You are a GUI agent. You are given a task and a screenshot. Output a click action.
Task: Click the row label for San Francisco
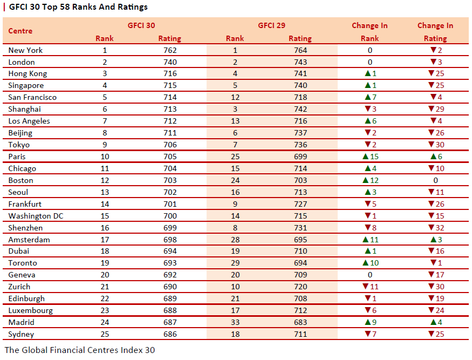click(32, 97)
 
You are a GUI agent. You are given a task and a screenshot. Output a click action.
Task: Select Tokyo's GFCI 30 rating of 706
click(170, 145)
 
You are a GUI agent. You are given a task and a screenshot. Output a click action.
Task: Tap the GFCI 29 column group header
click(271, 25)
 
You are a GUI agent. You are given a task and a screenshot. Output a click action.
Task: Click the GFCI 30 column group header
click(141, 25)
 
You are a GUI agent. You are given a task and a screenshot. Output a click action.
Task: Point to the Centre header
click(20, 31)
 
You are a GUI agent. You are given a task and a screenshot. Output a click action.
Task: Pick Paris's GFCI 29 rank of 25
click(235, 157)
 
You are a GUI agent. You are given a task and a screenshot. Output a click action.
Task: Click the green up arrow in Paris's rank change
click(366, 157)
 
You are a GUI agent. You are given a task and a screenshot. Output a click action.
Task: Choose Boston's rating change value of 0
click(435, 180)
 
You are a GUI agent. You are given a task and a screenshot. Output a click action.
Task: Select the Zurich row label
click(19, 287)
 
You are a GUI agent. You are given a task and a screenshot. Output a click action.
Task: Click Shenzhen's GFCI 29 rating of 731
click(300, 228)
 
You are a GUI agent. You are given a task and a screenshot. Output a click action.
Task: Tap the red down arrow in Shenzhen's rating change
click(431, 227)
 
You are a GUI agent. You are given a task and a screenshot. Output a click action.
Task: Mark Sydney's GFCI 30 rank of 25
click(105, 335)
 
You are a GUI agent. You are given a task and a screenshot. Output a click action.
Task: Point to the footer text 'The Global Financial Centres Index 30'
click(80, 350)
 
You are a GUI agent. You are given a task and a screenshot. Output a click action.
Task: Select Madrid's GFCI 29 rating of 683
click(300, 322)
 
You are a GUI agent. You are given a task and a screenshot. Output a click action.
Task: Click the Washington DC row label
click(36, 216)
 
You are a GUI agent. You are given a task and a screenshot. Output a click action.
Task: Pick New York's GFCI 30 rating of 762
click(170, 50)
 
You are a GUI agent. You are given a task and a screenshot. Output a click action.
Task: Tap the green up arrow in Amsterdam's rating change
click(434, 240)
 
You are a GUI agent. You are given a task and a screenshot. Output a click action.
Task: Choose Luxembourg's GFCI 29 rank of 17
click(235, 310)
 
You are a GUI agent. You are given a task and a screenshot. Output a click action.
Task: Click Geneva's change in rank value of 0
click(370, 275)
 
